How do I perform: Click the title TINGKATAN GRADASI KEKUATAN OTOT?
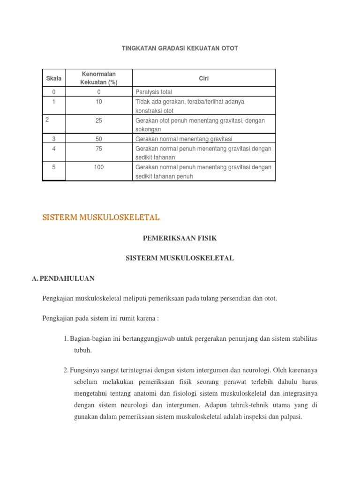tap(180, 48)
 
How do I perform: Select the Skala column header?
tap(54, 78)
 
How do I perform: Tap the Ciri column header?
tap(203, 78)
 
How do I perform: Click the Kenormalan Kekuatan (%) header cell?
tap(98, 78)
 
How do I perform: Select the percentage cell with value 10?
tap(98, 101)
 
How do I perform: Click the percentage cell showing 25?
tap(98, 120)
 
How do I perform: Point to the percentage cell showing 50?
tap(98, 139)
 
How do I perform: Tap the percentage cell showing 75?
tap(98, 148)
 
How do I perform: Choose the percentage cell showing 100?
tap(98, 167)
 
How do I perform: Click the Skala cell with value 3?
tap(54, 139)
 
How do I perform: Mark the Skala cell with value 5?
tap(54, 167)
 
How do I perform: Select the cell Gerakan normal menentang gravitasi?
tap(184, 139)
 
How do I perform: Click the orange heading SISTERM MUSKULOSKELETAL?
tap(101, 217)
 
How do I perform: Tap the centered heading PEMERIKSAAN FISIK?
tap(180, 238)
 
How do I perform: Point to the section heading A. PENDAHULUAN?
tap(63, 278)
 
